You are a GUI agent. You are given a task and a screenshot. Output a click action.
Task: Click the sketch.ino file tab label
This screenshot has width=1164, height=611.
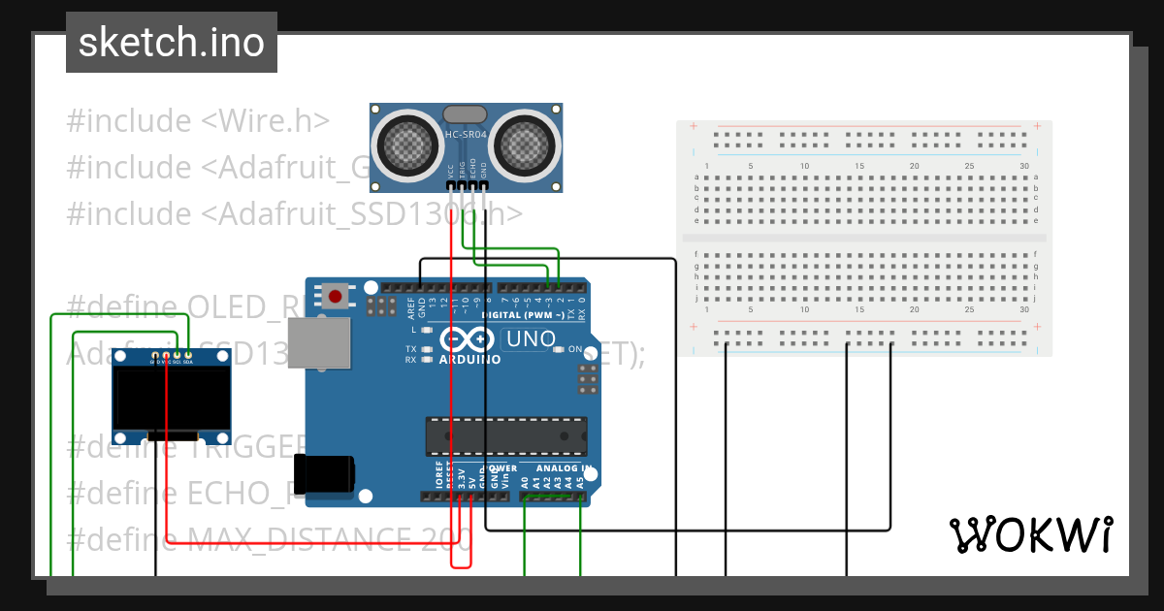point(172,43)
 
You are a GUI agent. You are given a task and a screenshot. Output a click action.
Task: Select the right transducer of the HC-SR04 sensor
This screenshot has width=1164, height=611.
point(527,143)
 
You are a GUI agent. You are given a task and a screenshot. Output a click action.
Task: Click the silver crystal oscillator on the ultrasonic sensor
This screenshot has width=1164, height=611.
point(466,114)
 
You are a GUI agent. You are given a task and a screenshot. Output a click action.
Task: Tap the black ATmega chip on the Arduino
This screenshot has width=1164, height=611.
point(506,435)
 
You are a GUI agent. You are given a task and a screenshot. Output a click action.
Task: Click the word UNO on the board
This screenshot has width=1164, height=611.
point(531,339)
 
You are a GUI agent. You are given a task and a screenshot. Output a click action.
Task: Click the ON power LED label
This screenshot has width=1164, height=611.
point(574,349)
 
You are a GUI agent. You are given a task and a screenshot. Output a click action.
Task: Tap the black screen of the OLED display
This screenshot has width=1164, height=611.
point(172,397)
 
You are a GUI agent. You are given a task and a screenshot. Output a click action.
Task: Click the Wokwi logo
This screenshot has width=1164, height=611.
point(1030,534)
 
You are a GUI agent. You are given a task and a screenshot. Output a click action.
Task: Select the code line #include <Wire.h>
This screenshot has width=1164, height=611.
point(198,121)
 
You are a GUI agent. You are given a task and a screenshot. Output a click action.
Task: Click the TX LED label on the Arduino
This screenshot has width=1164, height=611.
point(410,349)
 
